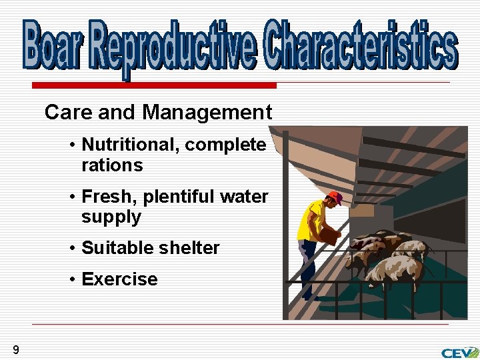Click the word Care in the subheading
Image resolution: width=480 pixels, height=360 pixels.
coord(67,113)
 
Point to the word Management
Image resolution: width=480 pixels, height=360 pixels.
coord(207,113)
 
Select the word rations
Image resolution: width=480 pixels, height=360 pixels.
coord(112,165)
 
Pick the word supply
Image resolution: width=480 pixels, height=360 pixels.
coord(111,217)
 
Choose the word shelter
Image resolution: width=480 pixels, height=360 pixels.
coord(190,248)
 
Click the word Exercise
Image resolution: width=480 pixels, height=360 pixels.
coord(119,279)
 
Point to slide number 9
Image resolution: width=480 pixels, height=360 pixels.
coord(15,350)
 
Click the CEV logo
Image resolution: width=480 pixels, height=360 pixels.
coord(459,351)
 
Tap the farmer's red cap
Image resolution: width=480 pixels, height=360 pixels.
coord(335,197)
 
